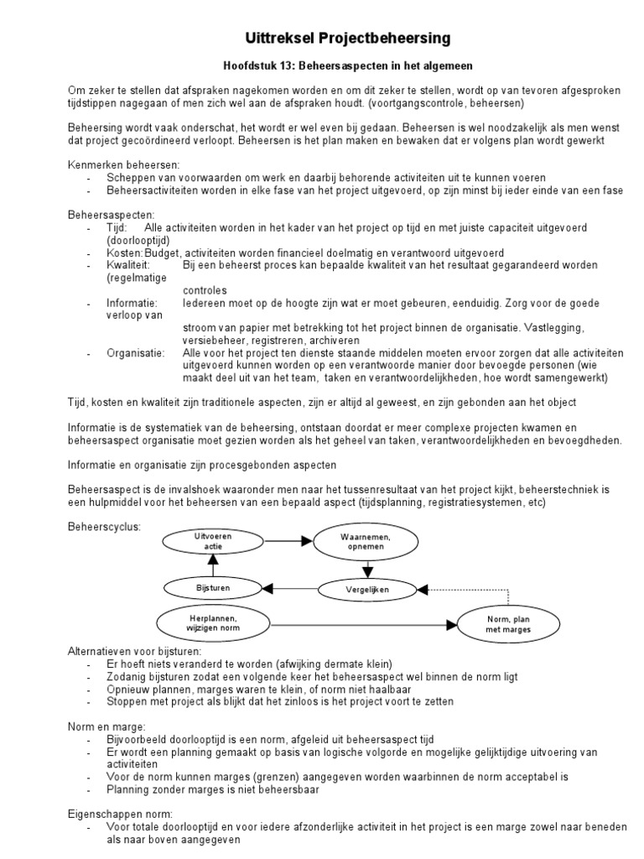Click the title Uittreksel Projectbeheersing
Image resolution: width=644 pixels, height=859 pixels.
(x=347, y=39)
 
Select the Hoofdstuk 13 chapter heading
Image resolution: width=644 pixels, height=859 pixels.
(x=347, y=66)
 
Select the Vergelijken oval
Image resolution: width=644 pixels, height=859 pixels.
(x=366, y=590)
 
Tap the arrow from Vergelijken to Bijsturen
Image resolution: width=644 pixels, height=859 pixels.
(x=276, y=589)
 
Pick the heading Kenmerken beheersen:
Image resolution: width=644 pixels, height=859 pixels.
(x=122, y=164)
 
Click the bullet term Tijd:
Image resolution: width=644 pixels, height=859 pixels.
(x=117, y=227)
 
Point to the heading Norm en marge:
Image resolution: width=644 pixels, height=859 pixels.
(x=106, y=726)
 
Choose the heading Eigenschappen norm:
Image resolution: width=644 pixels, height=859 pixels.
(x=120, y=813)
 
